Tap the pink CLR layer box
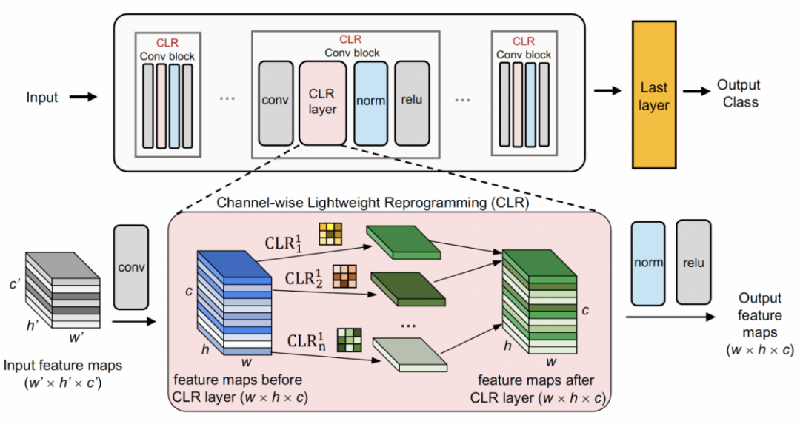[322, 103]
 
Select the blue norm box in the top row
[370, 103]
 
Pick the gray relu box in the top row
[412, 103]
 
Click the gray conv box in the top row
[276, 103]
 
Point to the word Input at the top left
[42, 97]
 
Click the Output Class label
[739, 94]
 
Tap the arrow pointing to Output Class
[697, 92]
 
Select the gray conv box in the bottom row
[132, 267]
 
